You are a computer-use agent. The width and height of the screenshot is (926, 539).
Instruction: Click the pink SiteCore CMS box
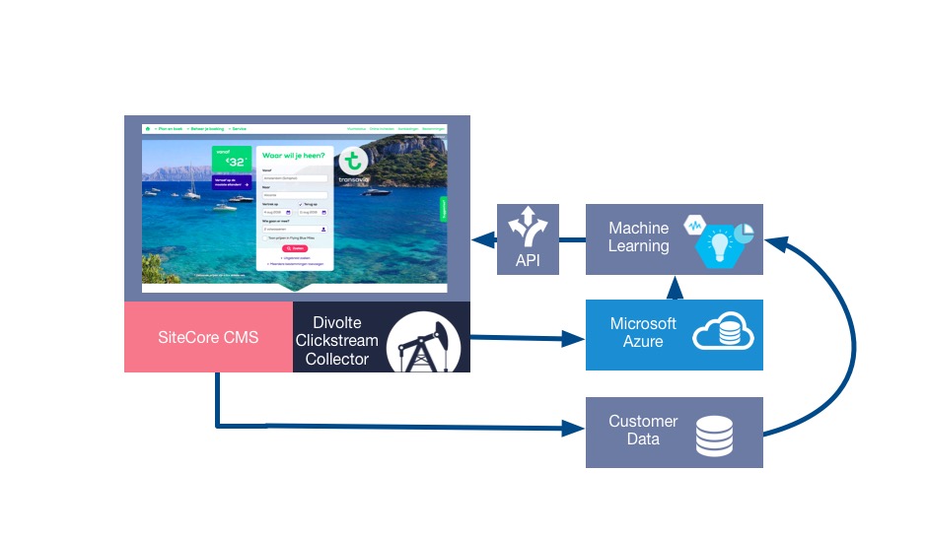click(x=208, y=337)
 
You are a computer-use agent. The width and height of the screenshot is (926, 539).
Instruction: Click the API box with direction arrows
click(x=528, y=238)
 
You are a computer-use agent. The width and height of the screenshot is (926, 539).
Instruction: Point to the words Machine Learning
click(x=638, y=237)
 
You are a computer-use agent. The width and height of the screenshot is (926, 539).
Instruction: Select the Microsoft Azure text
click(x=643, y=332)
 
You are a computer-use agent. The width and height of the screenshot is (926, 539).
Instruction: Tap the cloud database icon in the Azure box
click(x=723, y=334)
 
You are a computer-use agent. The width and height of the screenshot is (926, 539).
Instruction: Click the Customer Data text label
click(x=643, y=430)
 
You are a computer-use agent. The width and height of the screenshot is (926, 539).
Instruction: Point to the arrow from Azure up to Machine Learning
click(x=675, y=287)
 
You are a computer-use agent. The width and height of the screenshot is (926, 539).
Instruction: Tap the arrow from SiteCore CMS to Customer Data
click(x=394, y=428)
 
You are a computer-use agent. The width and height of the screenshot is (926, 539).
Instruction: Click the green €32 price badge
click(x=231, y=160)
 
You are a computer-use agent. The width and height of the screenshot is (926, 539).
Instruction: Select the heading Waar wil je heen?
click(x=293, y=155)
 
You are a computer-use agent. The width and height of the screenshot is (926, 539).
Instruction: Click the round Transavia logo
click(x=353, y=163)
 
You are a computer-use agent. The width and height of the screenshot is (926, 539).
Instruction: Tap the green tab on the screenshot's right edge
click(x=444, y=208)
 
